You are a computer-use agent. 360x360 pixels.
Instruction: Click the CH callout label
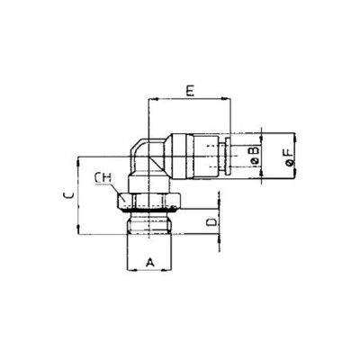tap(104, 178)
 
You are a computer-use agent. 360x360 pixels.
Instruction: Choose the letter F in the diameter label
tap(286, 156)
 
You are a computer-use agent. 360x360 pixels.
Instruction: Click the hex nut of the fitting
tap(148, 200)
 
